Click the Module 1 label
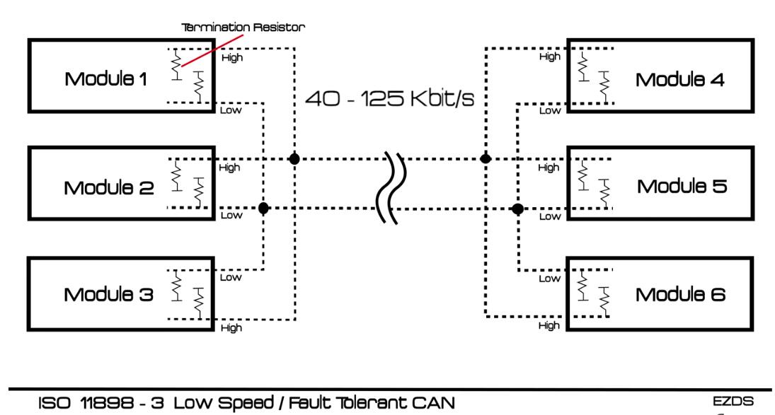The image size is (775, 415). coord(105,79)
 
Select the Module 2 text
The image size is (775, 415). coord(109,187)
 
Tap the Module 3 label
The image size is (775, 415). coord(109,295)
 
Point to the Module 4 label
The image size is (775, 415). coord(679,79)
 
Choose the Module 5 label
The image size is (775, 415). coord(682,186)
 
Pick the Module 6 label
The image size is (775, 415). coord(680,295)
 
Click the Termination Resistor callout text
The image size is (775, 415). coord(243,27)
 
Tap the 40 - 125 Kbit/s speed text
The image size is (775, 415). coord(389,98)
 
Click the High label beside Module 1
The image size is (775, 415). coord(232,58)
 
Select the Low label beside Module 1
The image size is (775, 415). coord(231,110)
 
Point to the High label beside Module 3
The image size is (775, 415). coord(231,327)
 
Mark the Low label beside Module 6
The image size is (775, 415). coord(550,279)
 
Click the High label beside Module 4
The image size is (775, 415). coord(550,57)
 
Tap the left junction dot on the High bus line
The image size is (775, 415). coord(294,159)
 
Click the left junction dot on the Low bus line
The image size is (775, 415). coord(263,209)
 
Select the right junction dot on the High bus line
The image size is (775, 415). coord(486,158)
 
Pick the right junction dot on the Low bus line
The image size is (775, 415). coord(517,209)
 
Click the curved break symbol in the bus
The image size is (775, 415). coord(392,188)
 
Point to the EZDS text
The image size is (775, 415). coord(733,401)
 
